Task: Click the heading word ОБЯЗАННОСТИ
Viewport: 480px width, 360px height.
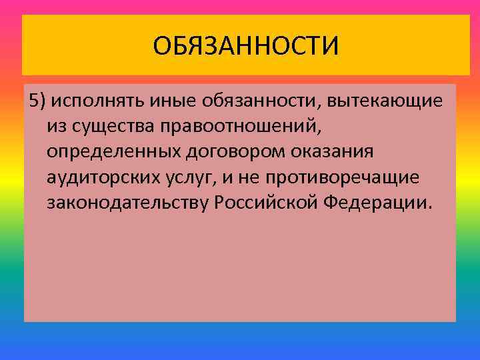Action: pyautogui.click(x=245, y=47)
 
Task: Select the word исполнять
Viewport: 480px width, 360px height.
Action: pyautogui.click(x=91, y=101)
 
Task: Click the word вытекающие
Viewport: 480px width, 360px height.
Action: pyautogui.click(x=383, y=101)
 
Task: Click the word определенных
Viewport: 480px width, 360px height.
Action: pyautogui.click(x=111, y=152)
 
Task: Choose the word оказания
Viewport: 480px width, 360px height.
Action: pyautogui.click(x=331, y=152)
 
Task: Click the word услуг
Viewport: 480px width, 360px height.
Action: pyautogui.click(x=191, y=177)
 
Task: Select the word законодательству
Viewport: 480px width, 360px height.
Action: pyautogui.click(x=128, y=203)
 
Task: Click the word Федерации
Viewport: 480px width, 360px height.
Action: pyautogui.click(x=379, y=203)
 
